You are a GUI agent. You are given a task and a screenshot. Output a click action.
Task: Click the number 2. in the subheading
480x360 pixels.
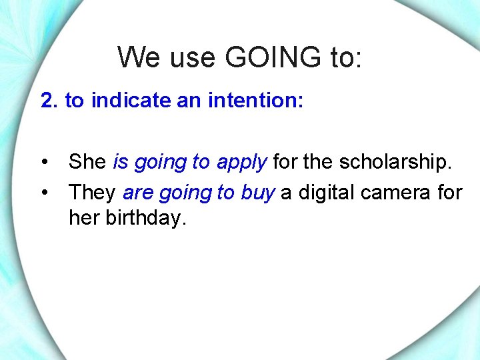point(50,101)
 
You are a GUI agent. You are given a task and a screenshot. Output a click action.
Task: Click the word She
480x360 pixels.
point(88,162)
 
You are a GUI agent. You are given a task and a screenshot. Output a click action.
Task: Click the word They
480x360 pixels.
point(93,193)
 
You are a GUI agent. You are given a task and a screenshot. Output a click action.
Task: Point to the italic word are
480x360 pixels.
point(138,193)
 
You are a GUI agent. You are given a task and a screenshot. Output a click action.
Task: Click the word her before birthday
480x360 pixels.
point(84,217)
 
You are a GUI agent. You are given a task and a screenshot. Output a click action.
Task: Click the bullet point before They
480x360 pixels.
point(44,193)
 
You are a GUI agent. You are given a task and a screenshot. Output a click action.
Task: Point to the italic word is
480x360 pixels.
point(121,162)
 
